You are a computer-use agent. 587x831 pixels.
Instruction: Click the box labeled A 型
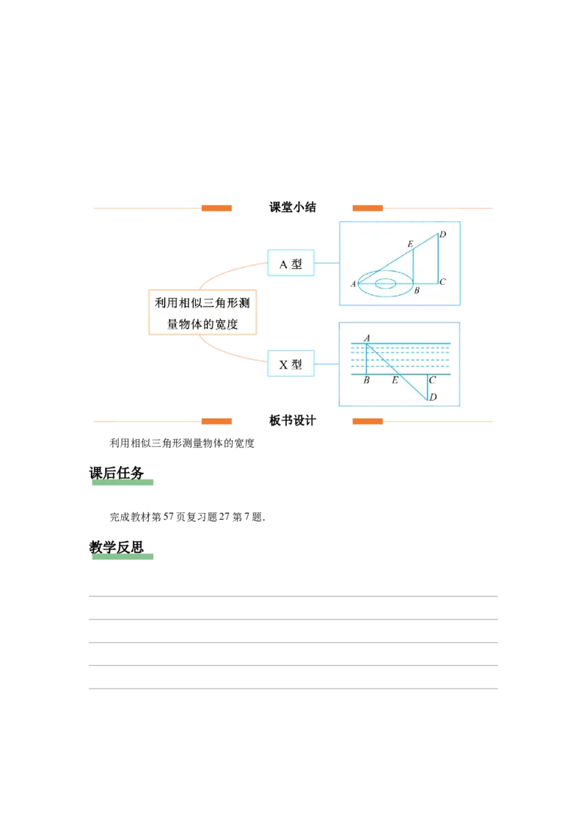click(291, 264)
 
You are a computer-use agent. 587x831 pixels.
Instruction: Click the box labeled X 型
click(291, 364)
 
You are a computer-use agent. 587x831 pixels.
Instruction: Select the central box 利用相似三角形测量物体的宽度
click(203, 312)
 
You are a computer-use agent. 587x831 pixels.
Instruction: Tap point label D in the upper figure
click(443, 235)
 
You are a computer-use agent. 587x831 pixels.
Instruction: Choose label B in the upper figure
click(417, 291)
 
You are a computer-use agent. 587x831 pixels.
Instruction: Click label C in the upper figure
click(442, 281)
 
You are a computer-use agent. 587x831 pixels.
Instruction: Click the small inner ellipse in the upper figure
click(386, 283)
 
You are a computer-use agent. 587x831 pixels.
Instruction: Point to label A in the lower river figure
click(366, 338)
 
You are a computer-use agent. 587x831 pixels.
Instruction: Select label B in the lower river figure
click(366, 380)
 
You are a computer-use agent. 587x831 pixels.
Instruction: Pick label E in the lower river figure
click(395, 380)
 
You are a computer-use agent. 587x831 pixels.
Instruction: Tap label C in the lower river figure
click(432, 380)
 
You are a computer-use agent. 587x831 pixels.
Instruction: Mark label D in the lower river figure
click(433, 398)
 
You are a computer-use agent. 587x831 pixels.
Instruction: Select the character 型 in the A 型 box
click(296, 264)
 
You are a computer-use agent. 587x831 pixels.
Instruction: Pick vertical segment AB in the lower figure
click(366, 360)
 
